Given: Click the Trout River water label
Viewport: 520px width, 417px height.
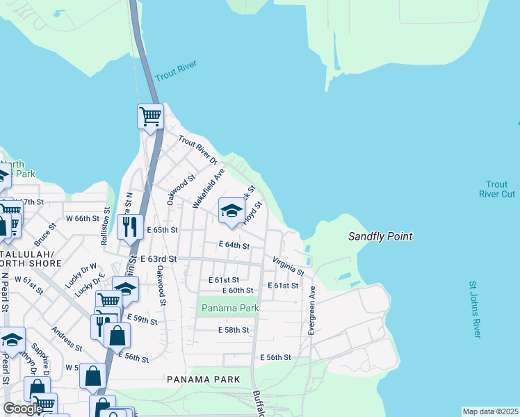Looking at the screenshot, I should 176,70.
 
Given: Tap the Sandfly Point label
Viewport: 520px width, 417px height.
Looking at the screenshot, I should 380,237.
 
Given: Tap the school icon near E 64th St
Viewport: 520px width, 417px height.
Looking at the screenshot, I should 231,211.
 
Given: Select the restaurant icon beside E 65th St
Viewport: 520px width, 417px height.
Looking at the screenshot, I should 130,226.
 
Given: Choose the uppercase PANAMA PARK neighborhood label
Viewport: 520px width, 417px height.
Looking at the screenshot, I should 203,379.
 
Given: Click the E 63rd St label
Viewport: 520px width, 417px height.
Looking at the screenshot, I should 159,259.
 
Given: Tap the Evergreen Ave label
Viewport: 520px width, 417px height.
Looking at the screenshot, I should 311,311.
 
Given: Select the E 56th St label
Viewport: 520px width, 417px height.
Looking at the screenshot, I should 275,357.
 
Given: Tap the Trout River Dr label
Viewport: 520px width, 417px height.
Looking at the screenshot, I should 198,149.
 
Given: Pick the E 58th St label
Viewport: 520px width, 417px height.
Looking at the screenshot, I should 233,330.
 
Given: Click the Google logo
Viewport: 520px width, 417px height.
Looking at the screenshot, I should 22,409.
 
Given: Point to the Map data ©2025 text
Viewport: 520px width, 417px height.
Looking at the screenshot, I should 490,411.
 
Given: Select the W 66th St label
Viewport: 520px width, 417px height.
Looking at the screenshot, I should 83,218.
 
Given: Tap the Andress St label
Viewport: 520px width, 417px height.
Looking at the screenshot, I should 67,340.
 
